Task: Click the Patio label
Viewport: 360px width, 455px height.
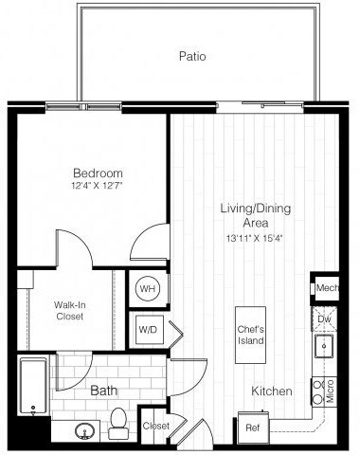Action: (192, 56)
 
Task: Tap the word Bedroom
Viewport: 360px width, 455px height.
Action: (99, 173)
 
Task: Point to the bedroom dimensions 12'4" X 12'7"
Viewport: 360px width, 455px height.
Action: (99, 187)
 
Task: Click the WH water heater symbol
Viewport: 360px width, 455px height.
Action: (148, 288)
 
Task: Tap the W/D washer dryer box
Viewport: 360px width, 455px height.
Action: (148, 331)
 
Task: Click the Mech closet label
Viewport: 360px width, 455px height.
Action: (327, 287)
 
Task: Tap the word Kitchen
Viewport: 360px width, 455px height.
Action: (271, 391)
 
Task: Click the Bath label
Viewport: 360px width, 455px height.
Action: (104, 391)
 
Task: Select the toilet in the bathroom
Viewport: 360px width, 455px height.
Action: (119, 424)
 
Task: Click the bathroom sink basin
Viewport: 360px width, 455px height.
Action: (82, 430)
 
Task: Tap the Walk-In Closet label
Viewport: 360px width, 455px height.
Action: (68, 310)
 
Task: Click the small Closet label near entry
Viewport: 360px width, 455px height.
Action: (155, 426)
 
